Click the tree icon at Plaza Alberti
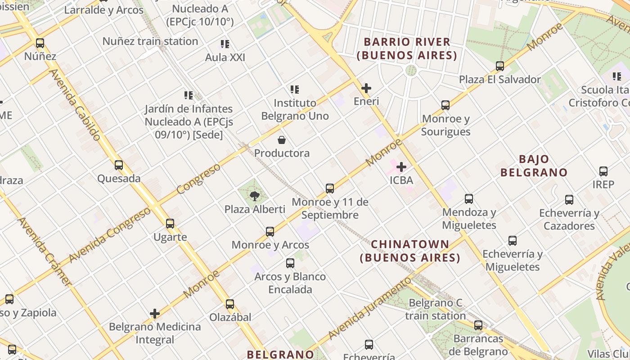click(x=254, y=196)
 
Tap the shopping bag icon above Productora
click(x=282, y=140)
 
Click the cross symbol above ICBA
click(x=401, y=167)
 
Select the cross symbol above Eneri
click(x=366, y=88)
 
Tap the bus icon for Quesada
click(x=119, y=165)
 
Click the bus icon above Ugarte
click(x=170, y=224)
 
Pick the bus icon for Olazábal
click(x=230, y=304)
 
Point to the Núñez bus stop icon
click(x=40, y=44)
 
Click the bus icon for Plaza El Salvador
click(x=499, y=66)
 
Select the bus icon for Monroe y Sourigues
click(x=445, y=105)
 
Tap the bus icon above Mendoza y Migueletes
click(x=469, y=199)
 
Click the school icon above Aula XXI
click(x=225, y=44)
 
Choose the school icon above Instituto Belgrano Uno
click(x=295, y=90)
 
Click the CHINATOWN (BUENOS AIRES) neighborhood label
click(x=410, y=251)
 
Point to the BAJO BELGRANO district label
click(x=534, y=166)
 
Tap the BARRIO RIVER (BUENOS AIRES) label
click(x=407, y=49)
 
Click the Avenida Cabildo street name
click(x=74, y=104)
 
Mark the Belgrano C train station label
click(x=435, y=309)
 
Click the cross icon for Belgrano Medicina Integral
click(x=155, y=314)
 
